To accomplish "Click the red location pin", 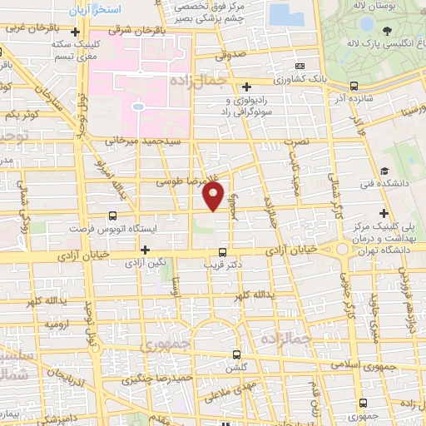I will point(214,196).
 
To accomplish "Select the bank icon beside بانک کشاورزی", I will point(355,85).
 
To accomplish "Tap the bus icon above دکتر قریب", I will point(222,251).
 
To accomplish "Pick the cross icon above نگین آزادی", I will point(145,249).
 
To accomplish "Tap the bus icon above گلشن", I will point(237,354).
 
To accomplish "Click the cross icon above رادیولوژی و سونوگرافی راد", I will point(246,86).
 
